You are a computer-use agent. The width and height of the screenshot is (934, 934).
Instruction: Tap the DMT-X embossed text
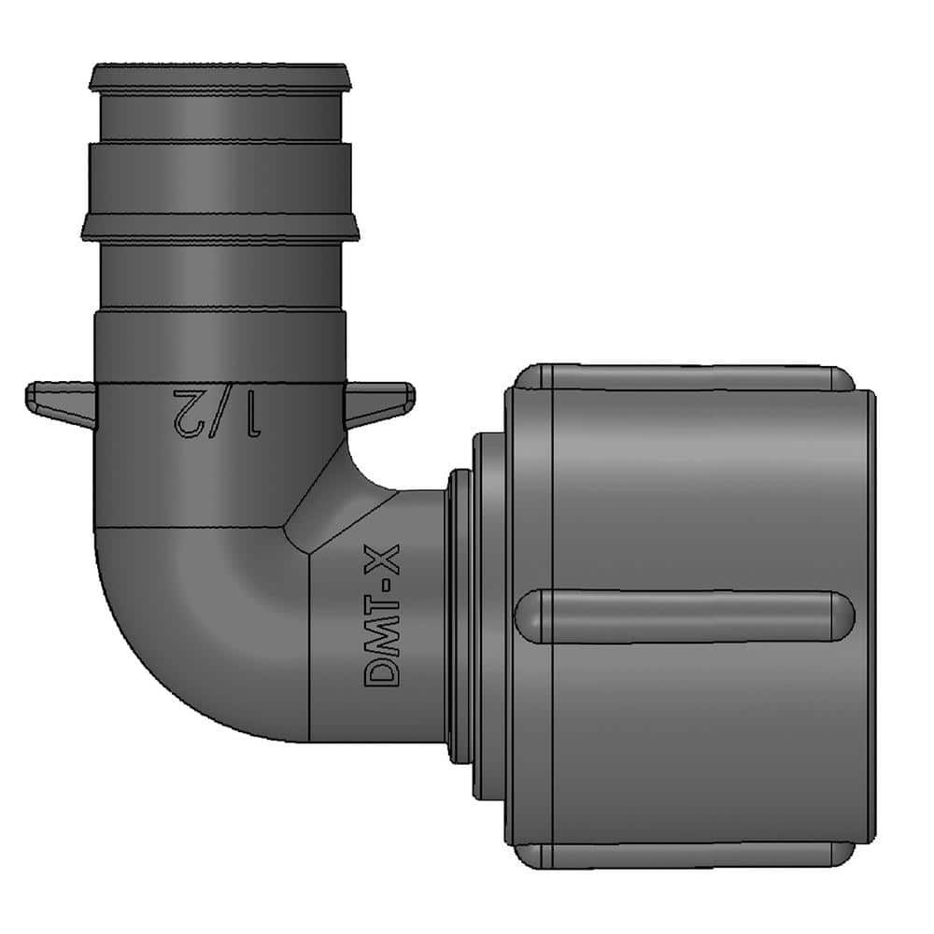384,617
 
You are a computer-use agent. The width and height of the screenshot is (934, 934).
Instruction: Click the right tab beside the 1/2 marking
378,400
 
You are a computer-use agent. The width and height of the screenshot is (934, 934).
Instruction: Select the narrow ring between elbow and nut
459,616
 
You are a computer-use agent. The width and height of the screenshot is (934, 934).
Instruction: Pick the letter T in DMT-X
384,605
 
